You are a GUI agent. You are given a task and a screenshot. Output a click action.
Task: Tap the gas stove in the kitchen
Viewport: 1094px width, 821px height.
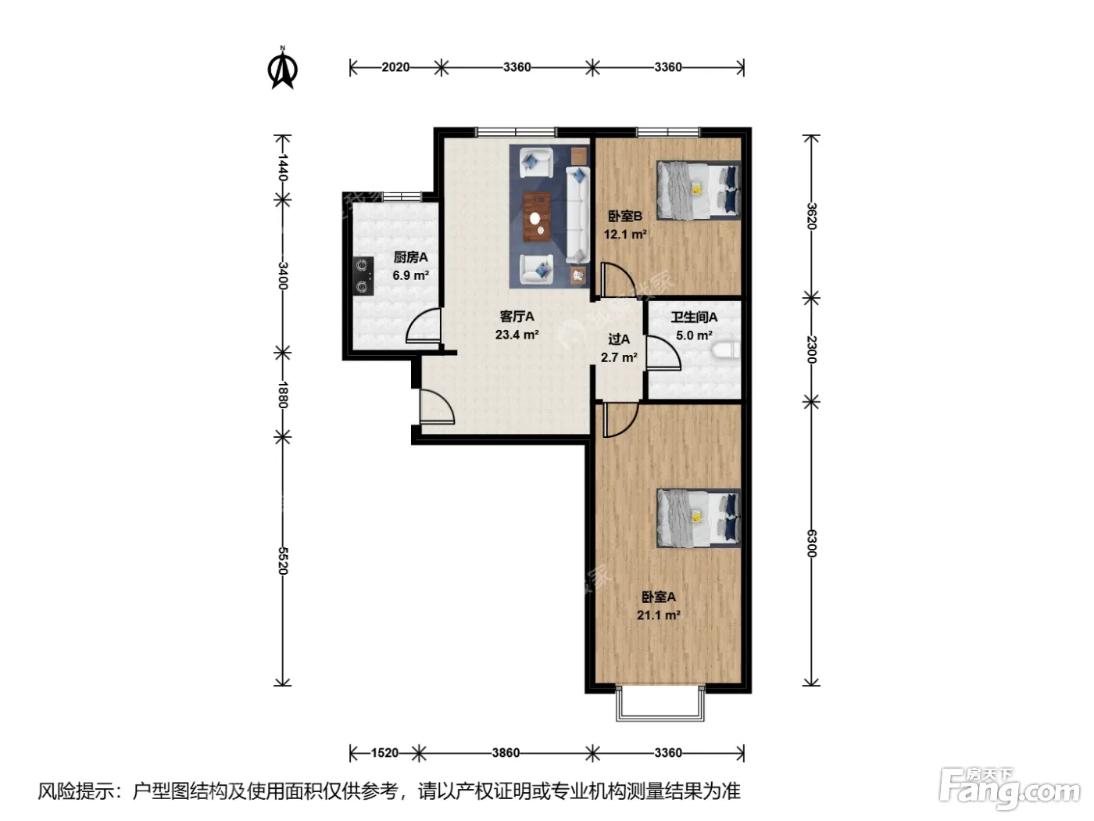[x=363, y=276]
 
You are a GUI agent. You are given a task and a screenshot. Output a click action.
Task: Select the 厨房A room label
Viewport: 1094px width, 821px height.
[x=411, y=257]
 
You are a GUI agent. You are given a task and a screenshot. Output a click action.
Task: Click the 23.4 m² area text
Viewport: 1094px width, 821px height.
[x=517, y=335]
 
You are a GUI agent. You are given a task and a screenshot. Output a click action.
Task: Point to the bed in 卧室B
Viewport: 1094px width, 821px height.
[x=698, y=190]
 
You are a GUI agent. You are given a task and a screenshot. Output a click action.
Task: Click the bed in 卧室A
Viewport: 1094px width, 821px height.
[x=698, y=518]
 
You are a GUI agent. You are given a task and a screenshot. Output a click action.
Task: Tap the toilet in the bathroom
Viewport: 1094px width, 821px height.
[x=727, y=350]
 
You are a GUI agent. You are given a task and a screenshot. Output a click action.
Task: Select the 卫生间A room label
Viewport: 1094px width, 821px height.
[x=694, y=317]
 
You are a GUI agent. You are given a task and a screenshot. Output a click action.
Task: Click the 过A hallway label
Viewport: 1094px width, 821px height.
[x=619, y=339]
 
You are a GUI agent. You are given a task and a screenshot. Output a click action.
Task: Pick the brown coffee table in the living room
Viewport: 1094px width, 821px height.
[x=537, y=217]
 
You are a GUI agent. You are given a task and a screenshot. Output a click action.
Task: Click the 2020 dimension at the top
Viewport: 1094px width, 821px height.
[x=395, y=67]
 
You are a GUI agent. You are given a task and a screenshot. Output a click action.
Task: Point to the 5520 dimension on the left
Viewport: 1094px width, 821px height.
[x=283, y=561]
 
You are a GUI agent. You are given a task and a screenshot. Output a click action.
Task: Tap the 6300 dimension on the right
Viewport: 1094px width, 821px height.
[x=811, y=543]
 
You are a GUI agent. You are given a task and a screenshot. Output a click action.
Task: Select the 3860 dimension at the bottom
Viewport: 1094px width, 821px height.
[x=506, y=753]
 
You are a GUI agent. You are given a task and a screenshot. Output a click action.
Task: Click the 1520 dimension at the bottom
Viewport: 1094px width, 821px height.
[x=384, y=753]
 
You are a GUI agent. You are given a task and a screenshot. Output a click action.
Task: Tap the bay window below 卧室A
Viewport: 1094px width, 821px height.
[x=660, y=704]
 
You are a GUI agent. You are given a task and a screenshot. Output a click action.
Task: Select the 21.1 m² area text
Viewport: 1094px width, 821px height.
[x=659, y=615]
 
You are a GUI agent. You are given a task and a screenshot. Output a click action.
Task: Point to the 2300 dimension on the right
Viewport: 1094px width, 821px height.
[x=811, y=350]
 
